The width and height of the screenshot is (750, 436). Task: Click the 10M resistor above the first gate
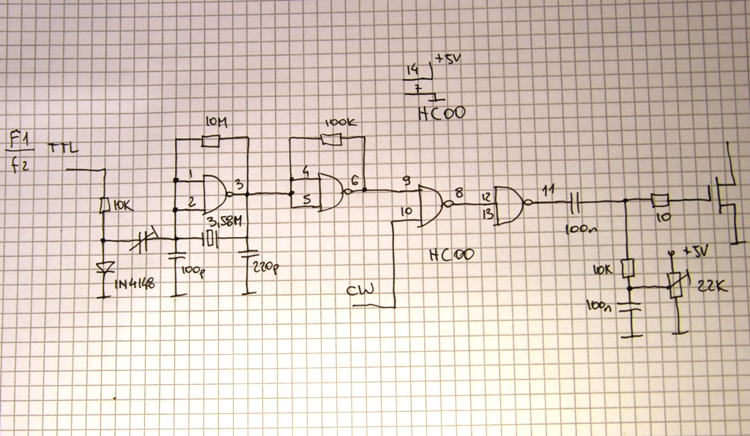point(212,140)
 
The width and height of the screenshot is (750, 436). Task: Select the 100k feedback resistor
point(331,139)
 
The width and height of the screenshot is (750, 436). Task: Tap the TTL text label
point(65,149)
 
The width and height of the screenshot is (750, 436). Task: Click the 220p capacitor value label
point(264,268)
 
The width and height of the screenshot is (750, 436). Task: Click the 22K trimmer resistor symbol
point(676,283)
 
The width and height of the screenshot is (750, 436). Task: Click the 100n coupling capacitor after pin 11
point(576,199)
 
